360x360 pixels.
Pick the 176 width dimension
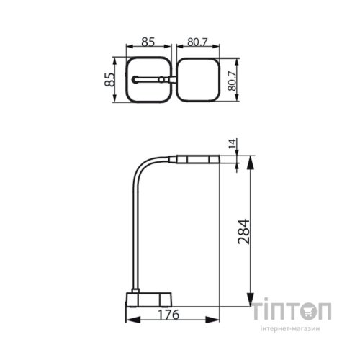(x=168, y=314)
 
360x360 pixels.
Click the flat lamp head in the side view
(x=194, y=158)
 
